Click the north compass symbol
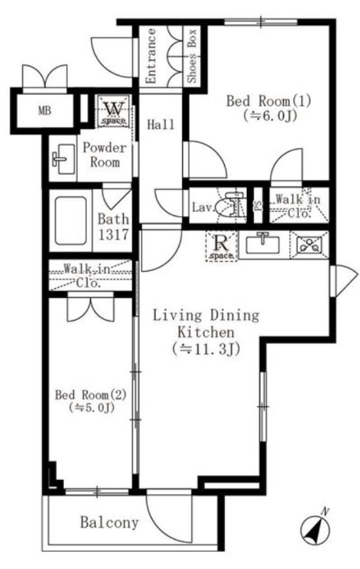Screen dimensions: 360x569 [x=316, y=530]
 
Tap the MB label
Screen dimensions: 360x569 [x=45, y=111]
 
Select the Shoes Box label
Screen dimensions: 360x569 [x=192, y=55]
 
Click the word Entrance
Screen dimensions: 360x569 [x=151, y=56]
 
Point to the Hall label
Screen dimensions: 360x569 [x=160, y=125]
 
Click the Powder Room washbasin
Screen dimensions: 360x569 [x=63, y=159]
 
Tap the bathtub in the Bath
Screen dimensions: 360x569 [x=70, y=220]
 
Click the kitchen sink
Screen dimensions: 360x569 [x=263, y=244]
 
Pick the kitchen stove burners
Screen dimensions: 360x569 [x=309, y=245]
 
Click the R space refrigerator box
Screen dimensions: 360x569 [x=221, y=246]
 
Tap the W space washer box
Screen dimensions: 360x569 [x=114, y=111]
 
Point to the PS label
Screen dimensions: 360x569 [x=258, y=206]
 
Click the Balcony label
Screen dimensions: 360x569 [x=110, y=523]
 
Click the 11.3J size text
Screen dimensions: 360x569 [x=206, y=349]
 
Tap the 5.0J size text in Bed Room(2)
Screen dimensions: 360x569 [x=91, y=408]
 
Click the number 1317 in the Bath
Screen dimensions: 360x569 [x=113, y=235]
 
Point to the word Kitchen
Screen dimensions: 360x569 [x=206, y=332]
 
